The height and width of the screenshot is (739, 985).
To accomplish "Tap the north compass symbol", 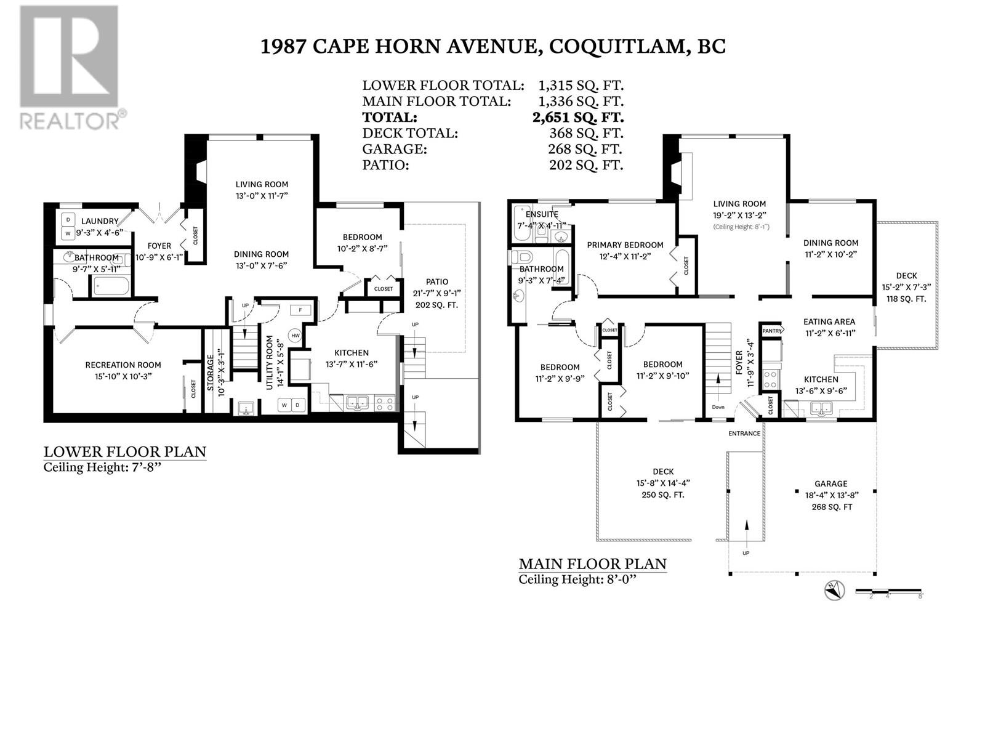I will (x=834, y=592).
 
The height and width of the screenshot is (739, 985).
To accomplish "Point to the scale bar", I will (x=888, y=592).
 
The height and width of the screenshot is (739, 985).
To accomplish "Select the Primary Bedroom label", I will (x=625, y=245).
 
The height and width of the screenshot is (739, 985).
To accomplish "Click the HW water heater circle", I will (x=295, y=336).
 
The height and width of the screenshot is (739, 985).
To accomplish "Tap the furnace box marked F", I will (x=300, y=310).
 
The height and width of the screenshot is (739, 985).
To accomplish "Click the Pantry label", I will (x=772, y=331).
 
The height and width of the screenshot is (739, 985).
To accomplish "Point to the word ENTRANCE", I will (x=744, y=434).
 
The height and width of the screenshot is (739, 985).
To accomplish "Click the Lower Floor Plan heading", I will (x=124, y=452).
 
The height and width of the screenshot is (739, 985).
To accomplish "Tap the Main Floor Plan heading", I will (x=592, y=563).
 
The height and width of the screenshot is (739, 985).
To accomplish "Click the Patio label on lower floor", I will (x=436, y=281).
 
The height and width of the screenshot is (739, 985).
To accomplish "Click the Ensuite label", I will (x=542, y=214).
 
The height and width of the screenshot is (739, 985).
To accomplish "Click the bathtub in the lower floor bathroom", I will (x=111, y=286).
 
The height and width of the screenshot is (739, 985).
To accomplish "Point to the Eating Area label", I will (x=829, y=321).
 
